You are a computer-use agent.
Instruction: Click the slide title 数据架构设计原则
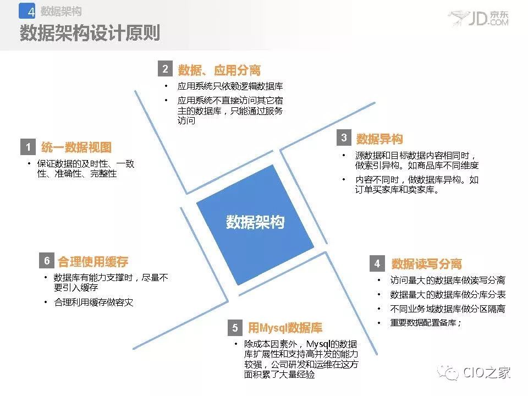tap(90, 32)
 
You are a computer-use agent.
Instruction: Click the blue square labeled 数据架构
tap(255, 224)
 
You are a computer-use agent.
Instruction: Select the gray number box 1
tap(28, 147)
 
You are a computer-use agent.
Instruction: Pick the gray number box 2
tap(166, 69)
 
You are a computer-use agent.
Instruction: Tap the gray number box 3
tap(344, 137)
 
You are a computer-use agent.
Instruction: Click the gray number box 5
tap(235, 327)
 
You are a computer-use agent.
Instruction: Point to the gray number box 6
tap(47, 260)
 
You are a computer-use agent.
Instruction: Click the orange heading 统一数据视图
tap(76, 147)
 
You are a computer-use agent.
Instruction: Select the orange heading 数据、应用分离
tap(219, 70)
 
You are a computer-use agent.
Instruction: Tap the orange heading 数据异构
tap(380, 139)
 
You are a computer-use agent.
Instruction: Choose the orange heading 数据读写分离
tap(426, 263)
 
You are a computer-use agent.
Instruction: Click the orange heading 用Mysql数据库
tap(285, 327)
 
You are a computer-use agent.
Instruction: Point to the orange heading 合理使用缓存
tap(93, 261)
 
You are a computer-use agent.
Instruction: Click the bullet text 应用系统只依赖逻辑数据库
tap(230, 86)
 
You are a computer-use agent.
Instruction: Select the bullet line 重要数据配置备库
tap(425, 323)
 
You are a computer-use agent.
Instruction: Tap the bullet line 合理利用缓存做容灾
tap(94, 302)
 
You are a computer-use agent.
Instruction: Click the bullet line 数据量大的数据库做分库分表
tap(448, 294)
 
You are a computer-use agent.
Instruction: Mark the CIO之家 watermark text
tap(486, 372)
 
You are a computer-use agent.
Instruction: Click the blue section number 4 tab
tap(27, 11)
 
